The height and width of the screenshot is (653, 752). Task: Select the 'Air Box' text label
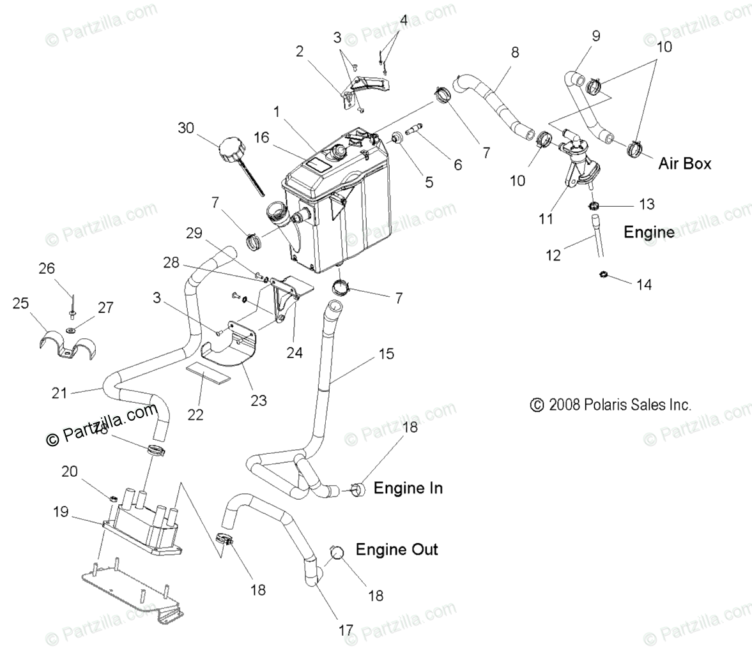tap(685, 163)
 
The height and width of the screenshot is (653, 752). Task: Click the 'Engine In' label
tap(408, 488)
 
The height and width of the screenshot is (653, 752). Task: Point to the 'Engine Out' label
tap(397, 549)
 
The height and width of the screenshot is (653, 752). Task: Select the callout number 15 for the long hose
tap(387, 354)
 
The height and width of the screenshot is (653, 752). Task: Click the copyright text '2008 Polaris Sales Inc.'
tap(610, 404)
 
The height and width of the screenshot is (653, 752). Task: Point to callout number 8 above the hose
tap(514, 53)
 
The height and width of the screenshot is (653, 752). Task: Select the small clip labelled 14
tap(602, 275)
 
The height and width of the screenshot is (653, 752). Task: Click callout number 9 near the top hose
tap(595, 36)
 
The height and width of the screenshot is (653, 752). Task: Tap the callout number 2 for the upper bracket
tap(299, 51)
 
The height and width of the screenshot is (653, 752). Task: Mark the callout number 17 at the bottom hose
tap(345, 629)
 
